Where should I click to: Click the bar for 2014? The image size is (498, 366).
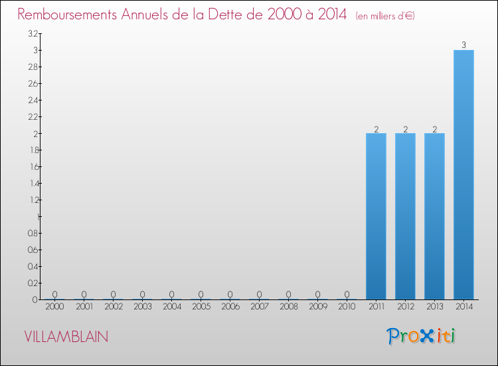463,174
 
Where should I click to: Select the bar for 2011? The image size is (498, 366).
376,216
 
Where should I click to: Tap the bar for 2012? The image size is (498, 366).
405,216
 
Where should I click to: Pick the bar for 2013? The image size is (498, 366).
434,216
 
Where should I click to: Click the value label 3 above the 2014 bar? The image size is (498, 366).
463,45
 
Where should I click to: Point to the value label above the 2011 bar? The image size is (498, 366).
376,129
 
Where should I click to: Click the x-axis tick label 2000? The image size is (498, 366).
54,307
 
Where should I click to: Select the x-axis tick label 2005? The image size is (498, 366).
201,307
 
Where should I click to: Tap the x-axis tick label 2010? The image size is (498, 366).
347,307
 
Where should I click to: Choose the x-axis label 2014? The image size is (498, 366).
463,307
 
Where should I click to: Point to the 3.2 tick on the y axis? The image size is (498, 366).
33,33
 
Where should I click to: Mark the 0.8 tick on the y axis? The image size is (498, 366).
33,233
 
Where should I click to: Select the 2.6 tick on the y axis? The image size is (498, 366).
33,83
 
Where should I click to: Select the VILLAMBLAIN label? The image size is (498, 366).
66,337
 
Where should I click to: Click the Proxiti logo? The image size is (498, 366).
421,336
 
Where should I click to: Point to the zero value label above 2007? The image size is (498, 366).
259,294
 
